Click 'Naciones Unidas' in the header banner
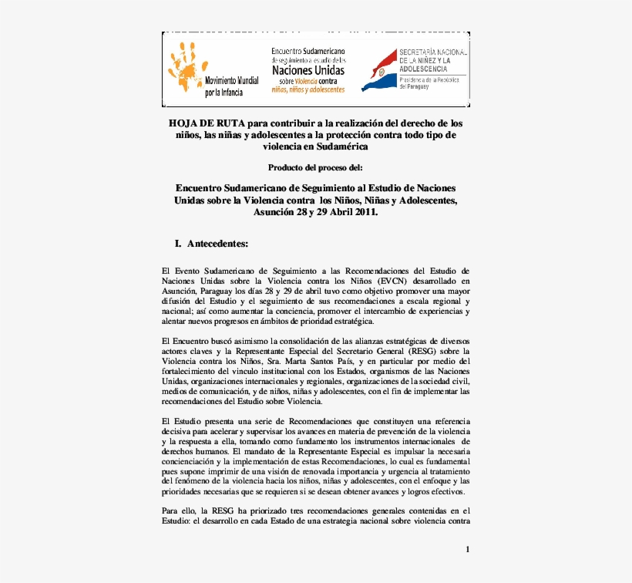coord(308,69)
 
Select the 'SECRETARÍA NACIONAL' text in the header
coord(433,52)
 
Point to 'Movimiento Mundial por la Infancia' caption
coord(231,86)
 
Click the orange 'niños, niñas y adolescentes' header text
coord(308,89)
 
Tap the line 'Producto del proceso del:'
coord(315,167)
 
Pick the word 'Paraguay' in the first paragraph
coord(224,291)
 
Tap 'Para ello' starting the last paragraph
coord(179,511)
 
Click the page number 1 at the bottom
coord(467,549)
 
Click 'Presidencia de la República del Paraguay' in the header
coord(432,82)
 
